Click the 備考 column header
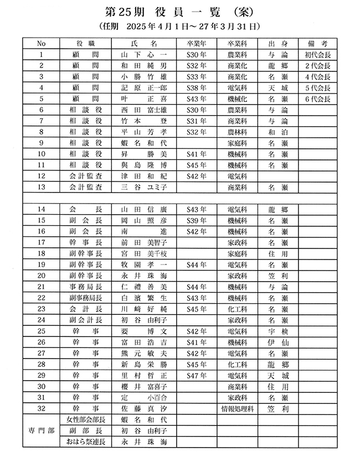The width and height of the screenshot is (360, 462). [317, 44]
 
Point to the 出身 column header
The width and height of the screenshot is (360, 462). [277, 44]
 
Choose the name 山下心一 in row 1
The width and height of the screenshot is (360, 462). [143, 55]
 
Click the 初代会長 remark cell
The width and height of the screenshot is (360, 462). [317, 55]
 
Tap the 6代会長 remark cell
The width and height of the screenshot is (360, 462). [317, 99]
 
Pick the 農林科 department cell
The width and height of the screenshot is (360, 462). [237, 132]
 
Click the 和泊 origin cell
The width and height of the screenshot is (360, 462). [277, 132]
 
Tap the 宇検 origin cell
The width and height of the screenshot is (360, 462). [277, 331]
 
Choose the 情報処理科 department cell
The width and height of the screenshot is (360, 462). [237, 409]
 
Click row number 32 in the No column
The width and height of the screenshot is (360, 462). [41, 409]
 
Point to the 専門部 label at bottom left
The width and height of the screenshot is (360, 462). [41, 430]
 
